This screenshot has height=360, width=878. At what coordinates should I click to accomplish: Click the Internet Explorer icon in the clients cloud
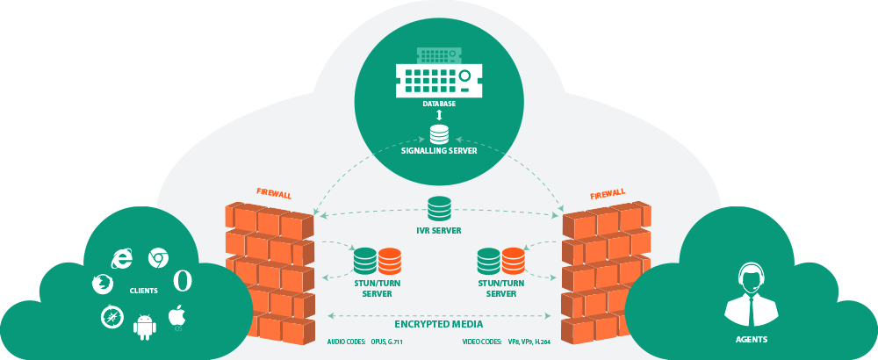pos(120,257)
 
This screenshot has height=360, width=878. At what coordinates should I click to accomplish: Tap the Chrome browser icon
pos(158,258)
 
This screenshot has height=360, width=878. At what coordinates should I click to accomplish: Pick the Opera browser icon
pos(183,279)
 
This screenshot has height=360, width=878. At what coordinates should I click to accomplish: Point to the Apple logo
pos(177,316)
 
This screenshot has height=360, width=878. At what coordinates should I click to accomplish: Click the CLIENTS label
pos(143,290)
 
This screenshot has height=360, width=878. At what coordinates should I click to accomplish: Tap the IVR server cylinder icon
pos(439,209)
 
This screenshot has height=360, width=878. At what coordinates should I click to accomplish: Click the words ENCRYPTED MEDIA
pos(438,321)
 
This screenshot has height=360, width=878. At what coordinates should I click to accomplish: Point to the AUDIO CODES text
pos(345,341)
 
